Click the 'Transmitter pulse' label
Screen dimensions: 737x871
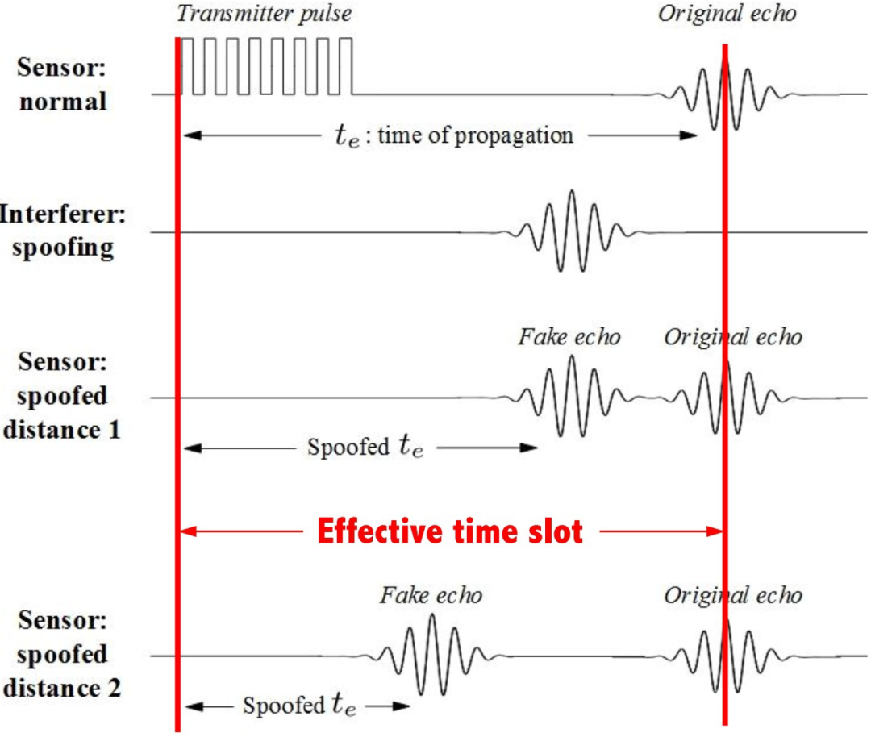(x=265, y=14)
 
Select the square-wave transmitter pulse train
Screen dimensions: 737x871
(x=267, y=66)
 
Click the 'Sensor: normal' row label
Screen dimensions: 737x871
(x=61, y=85)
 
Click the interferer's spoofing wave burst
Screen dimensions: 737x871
(x=571, y=231)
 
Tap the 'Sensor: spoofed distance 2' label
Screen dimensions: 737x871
(x=61, y=655)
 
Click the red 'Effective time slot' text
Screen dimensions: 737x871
(x=449, y=531)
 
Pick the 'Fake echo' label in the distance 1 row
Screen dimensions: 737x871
(x=569, y=335)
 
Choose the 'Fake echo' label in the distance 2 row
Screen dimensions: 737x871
(x=431, y=595)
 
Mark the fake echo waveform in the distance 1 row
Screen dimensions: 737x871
(x=571, y=397)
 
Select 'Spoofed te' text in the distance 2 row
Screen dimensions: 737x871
(x=299, y=706)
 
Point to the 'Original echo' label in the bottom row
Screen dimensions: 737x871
(x=732, y=595)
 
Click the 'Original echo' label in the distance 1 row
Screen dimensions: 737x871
(x=732, y=335)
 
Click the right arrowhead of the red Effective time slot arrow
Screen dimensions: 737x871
(x=714, y=531)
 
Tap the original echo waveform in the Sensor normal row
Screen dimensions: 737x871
(x=725, y=95)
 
